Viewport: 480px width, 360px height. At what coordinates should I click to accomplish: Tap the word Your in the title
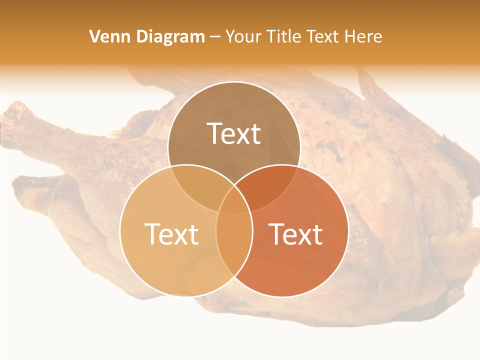click(242, 36)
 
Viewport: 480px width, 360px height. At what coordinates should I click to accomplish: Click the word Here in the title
click(365, 36)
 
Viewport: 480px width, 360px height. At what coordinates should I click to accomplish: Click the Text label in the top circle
click(234, 133)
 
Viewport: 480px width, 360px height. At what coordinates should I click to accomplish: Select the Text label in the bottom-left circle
click(171, 233)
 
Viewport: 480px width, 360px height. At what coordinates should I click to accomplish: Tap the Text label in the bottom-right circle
click(296, 233)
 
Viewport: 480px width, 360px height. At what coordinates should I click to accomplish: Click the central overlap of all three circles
click(234, 202)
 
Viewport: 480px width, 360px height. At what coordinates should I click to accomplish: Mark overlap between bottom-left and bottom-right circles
click(234, 245)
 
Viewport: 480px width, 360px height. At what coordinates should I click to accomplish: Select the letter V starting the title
click(94, 36)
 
